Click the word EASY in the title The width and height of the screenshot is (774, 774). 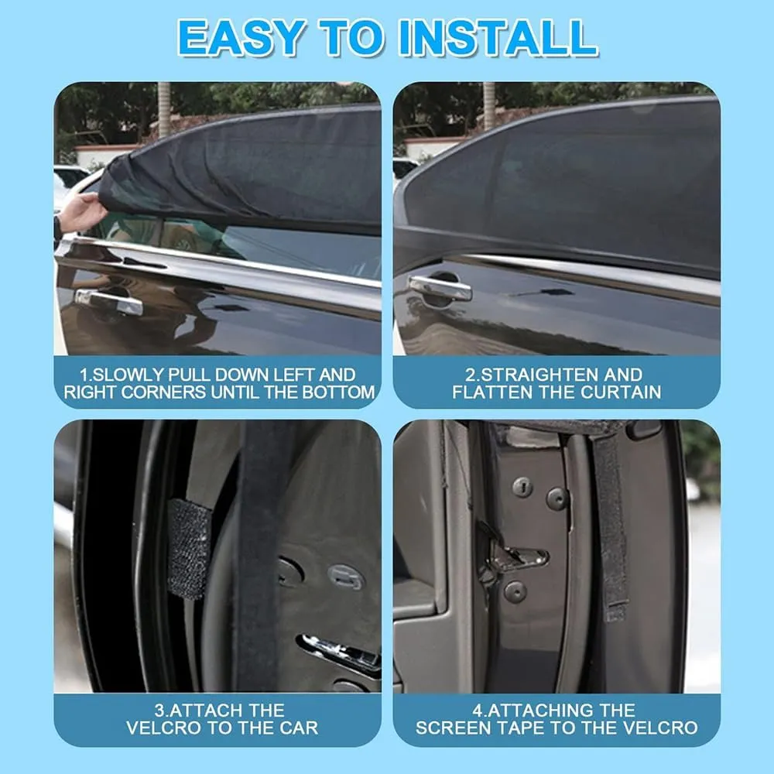click(241, 37)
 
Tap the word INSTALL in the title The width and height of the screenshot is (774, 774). click(498, 37)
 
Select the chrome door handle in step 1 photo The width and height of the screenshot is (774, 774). click(108, 302)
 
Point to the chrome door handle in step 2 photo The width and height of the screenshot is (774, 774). click(440, 289)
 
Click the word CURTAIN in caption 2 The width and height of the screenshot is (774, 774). click(621, 392)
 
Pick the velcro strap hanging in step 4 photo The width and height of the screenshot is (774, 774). click(611, 523)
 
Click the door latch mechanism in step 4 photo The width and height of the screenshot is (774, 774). click(513, 555)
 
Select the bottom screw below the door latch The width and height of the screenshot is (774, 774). click(515, 591)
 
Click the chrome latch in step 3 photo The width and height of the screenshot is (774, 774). click(341, 652)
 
